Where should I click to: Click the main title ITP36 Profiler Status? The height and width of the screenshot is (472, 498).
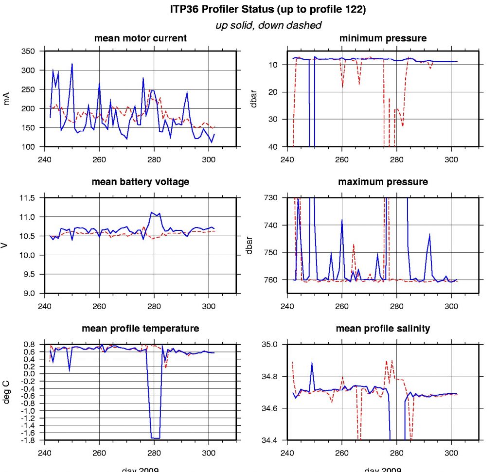click(268, 10)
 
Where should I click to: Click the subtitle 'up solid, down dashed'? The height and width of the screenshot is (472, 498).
click(268, 25)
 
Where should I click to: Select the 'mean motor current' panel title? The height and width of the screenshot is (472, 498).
click(140, 38)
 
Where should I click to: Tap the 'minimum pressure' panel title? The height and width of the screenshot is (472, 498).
click(383, 38)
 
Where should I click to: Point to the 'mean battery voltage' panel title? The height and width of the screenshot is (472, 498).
click(140, 182)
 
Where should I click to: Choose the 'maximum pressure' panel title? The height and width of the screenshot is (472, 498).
click(383, 182)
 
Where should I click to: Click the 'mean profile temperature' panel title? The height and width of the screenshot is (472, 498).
click(140, 329)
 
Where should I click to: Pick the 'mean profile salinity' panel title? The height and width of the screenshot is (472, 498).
click(383, 329)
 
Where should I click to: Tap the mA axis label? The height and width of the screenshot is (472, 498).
click(7, 99)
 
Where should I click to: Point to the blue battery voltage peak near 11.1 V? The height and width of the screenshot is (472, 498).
click(152, 212)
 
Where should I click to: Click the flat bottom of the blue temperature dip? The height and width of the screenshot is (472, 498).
click(156, 437)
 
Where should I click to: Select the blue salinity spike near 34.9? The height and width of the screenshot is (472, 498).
click(312, 362)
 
